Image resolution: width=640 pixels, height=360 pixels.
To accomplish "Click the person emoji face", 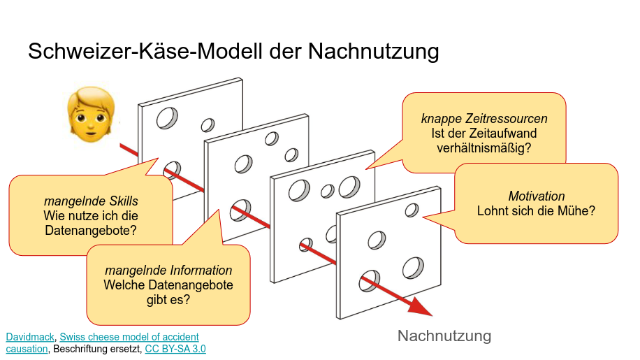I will coord(91,113).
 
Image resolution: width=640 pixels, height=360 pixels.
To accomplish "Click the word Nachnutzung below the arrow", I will coord(444,336).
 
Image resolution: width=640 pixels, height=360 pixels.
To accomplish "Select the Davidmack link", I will coord(30,337).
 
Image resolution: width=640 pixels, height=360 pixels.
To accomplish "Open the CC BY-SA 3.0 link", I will coord(175,349).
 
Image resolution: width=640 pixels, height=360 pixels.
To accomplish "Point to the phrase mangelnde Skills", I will coord(90,202).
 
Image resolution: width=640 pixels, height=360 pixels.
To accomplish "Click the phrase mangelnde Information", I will coord(168,270).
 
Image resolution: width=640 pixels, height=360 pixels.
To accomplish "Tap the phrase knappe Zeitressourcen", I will coord(483,119).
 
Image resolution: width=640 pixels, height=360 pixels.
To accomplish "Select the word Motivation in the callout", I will coord(536,196).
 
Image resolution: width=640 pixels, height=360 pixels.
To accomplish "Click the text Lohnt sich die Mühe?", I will coord(536,210).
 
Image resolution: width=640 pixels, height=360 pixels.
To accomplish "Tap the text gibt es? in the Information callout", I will coord(168,300).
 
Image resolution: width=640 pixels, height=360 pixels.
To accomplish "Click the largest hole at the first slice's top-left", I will coord(167,117).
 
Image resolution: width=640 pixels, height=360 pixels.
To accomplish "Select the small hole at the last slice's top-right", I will coord(412,210).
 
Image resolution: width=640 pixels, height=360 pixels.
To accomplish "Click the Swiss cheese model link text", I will coord(129,337).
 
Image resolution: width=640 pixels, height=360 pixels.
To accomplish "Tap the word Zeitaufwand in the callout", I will coord(509,134).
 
